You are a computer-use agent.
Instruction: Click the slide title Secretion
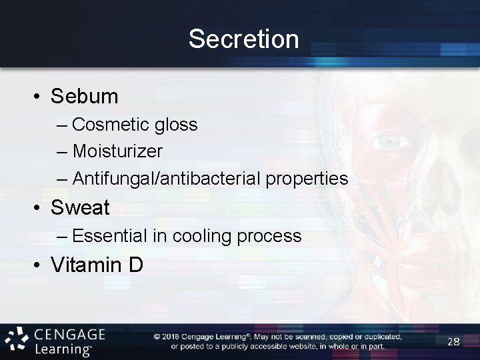pyautogui.click(x=243, y=39)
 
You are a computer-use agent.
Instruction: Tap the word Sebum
pyautogui.click(x=85, y=96)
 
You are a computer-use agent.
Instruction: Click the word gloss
pyautogui.click(x=175, y=125)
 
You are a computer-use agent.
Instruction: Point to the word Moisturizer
pyautogui.click(x=117, y=151)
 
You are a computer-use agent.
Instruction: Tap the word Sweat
pyautogui.click(x=80, y=207)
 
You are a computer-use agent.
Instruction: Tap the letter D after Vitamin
pyautogui.click(x=135, y=265)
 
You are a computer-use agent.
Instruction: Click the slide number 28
pyautogui.click(x=454, y=341)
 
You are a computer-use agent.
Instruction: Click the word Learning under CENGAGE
pyautogui.click(x=63, y=349)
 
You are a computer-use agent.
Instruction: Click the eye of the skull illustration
pyautogui.click(x=389, y=141)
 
